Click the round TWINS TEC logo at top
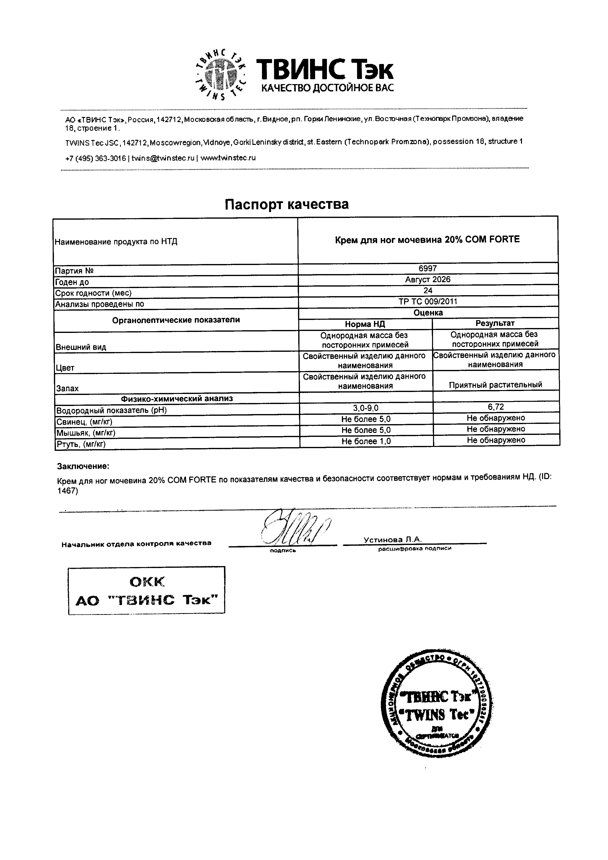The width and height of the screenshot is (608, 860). (221, 75)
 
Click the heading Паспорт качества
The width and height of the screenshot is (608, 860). (286, 204)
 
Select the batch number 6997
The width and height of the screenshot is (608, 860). (428, 268)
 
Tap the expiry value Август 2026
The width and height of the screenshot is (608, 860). (428, 279)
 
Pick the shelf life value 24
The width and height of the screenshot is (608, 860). (428, 290)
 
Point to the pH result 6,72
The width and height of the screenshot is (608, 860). (496, 407)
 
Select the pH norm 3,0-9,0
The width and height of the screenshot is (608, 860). (366, 407)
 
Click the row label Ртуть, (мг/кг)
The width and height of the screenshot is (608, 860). (81, 444)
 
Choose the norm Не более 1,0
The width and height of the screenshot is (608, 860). (366, 441)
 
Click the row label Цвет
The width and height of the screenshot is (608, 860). (65, 368)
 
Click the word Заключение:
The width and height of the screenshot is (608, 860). (83, 466)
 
